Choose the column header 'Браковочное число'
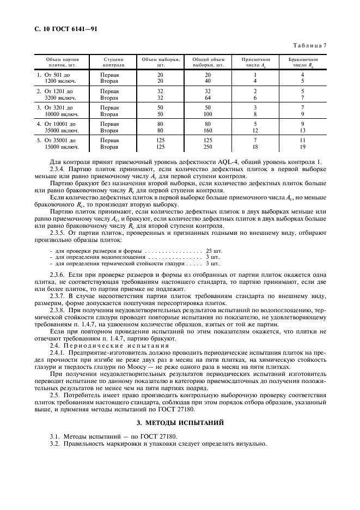pyautogui.click(x=303, y=62)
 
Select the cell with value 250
pyautogui.click(x=208, y=147)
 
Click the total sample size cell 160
pyautogui.click(x=208, y=130)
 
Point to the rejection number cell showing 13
pyautogui.click(x=303, y=130)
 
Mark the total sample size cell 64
pyautogui.click(x=208, y=98)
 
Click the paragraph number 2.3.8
pyautogui.click(x=57, y=309)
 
